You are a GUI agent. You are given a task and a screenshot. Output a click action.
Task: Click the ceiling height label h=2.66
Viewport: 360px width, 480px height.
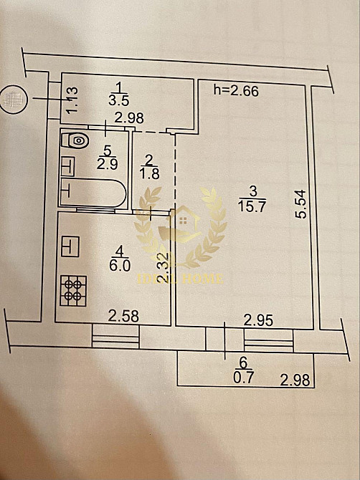[237, 90]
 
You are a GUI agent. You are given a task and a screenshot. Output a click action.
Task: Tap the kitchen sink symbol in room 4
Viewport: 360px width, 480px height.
[70, 246]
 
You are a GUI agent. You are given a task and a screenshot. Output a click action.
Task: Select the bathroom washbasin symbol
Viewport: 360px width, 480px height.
[67, 165]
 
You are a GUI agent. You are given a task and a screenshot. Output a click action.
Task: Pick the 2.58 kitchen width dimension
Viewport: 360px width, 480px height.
[122, 314]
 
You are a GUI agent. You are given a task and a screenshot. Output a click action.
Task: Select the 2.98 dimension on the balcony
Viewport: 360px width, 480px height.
[295, 380]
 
